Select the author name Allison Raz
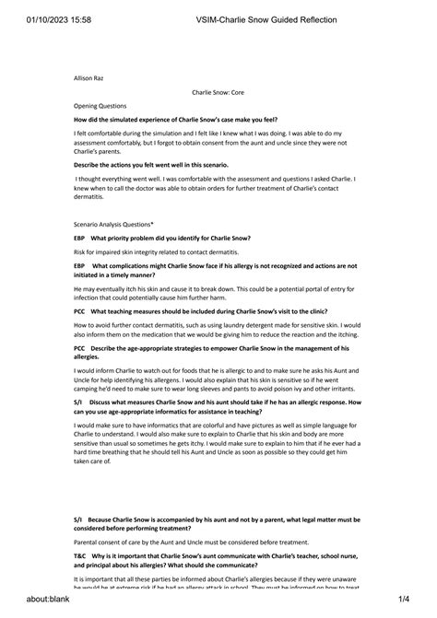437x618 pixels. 89,79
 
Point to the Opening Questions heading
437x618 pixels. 100,106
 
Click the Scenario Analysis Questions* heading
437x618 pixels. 113,224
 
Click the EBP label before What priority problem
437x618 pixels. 79,238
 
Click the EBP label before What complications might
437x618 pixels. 79,265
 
